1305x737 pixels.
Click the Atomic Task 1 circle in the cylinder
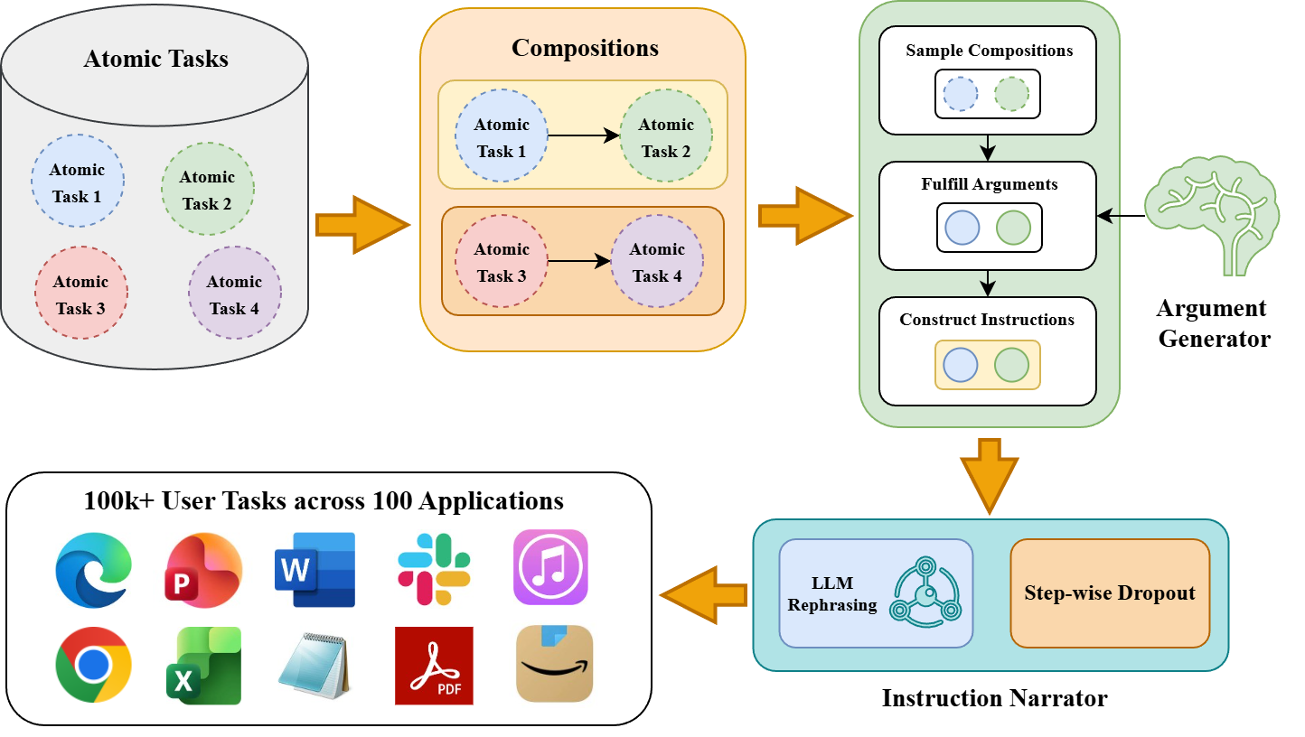coord(78,182)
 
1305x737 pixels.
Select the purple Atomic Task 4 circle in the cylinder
coord(234,294)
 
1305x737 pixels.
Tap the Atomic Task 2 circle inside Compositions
coord(666,136)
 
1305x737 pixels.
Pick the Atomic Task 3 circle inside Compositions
coord(501,262)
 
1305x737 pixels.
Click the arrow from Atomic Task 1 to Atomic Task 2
coord(583,136)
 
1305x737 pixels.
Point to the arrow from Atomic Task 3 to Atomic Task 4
coord(578,262)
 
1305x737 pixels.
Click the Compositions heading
coord(585,48)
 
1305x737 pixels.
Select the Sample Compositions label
coord(989,51)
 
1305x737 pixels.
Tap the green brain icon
coord(1212,215)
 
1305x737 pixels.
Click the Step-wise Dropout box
coord(1110,593)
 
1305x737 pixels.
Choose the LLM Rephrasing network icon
coord(925,593)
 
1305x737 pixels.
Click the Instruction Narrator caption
coord(994,698)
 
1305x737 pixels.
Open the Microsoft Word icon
coord(315,569)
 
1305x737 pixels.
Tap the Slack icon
coord(434,569)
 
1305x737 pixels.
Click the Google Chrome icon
coord(93,665)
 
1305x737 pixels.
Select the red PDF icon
coord(434,666)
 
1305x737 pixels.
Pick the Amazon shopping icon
coord(554,664)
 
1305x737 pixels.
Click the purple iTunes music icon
coord(550,567)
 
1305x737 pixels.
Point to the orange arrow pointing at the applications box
coord(703,594)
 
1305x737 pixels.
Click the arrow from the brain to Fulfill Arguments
coord(1121,216)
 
